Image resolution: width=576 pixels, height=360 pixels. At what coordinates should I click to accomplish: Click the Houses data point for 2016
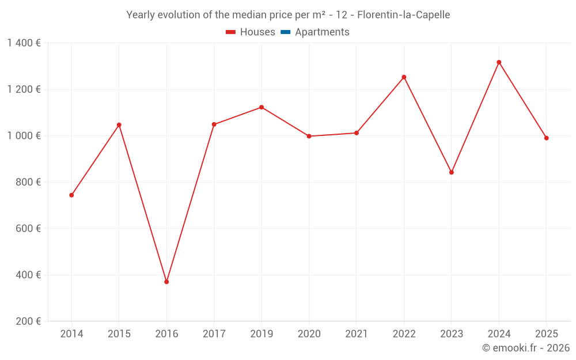click(166, 282)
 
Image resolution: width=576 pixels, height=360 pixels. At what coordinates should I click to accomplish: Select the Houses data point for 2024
click(499, 62)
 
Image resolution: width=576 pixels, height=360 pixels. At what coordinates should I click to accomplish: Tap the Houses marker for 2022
click(404, 77)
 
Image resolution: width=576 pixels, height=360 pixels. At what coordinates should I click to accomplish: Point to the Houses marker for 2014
click(71, 195)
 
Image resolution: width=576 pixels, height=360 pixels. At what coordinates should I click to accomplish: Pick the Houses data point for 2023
click(452, 172)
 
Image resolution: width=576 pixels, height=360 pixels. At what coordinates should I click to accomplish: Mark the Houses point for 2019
click(262, 107)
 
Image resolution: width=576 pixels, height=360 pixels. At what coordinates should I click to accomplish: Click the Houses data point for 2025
click(546, 138)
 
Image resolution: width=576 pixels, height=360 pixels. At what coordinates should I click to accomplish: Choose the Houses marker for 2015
click(119, 125)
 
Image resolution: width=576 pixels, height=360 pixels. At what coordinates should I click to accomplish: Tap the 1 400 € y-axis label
click(24, 43)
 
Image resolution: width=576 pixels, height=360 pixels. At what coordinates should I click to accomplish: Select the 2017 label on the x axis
click(214, 334)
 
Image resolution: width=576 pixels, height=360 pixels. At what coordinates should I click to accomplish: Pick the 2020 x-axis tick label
click(309, 334)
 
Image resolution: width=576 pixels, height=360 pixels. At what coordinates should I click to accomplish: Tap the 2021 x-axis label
click(357, 334)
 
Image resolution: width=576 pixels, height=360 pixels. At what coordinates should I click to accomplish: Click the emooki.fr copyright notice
click(526, 348)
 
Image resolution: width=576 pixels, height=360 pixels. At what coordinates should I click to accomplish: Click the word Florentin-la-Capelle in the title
click(404, 14)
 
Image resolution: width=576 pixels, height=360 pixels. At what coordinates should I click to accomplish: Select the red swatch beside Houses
click(230, 32)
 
